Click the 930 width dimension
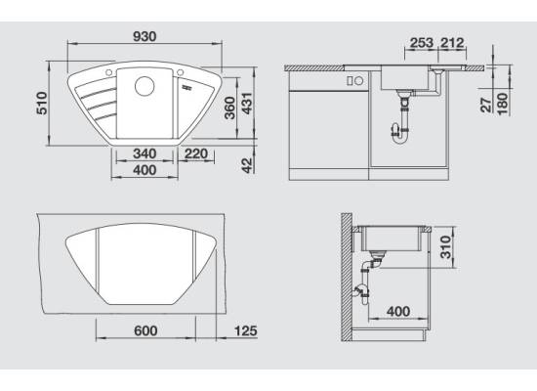pyautogui.click(x=145, y=36)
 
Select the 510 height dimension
pyautogui.click(x=42, y=103)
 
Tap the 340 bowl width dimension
pyautogui.click(x=145, y=153)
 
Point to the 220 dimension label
pyautogui.click(x=196, y=153)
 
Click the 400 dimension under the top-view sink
pyautogui.click(x=145, y=170)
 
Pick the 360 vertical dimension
pyautogui.click(x=229, y=109)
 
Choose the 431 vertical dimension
pyautogui.click(x=247, y=103)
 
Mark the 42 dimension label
pyautogui.click(x=247, y=165)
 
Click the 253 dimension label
pyautogui.click(x=422, y=43)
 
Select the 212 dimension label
pyautogui.click(x=452, y=43)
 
